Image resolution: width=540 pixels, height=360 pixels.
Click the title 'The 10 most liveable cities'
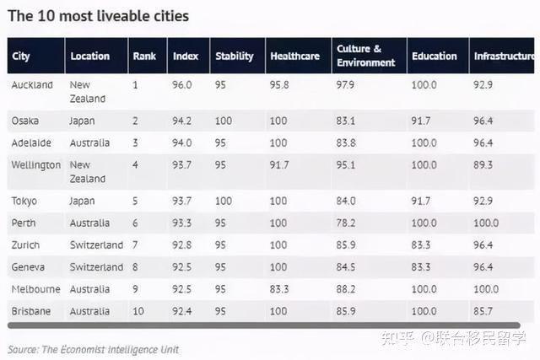pos(98,16)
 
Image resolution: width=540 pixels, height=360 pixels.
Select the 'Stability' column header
pos(235,56)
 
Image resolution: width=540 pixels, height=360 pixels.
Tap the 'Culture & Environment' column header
pos(365,56)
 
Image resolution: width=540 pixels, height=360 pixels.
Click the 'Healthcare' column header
pos(294,56)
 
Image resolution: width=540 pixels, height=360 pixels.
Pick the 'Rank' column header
pos(144,56)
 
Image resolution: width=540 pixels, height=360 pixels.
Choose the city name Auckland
pos(32,85)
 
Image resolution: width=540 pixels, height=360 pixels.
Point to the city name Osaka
pos(25,121)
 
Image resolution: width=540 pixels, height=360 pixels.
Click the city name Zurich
pos(27,245)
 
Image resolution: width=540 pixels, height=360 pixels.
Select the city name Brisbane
pos(31,311)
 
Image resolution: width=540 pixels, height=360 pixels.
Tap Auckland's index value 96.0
pos(183,85)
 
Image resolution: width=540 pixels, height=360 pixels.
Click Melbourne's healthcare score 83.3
pos(280,289)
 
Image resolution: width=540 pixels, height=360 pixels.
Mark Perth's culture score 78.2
pos(346,223)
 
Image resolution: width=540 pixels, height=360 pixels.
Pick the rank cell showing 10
pos(138,311)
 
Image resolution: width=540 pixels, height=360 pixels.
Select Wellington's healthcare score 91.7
pos(279,165)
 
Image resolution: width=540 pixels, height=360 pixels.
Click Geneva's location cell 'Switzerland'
pos(96,267)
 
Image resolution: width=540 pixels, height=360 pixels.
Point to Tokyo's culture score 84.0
pos(346,201)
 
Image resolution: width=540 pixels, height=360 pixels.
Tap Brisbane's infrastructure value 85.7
pos(484,311)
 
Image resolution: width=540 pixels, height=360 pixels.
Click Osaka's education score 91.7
pos(421,121)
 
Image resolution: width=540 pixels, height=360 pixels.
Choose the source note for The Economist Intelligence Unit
pos(93,349)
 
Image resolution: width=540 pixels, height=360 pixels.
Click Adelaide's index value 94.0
pos(183,142)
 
